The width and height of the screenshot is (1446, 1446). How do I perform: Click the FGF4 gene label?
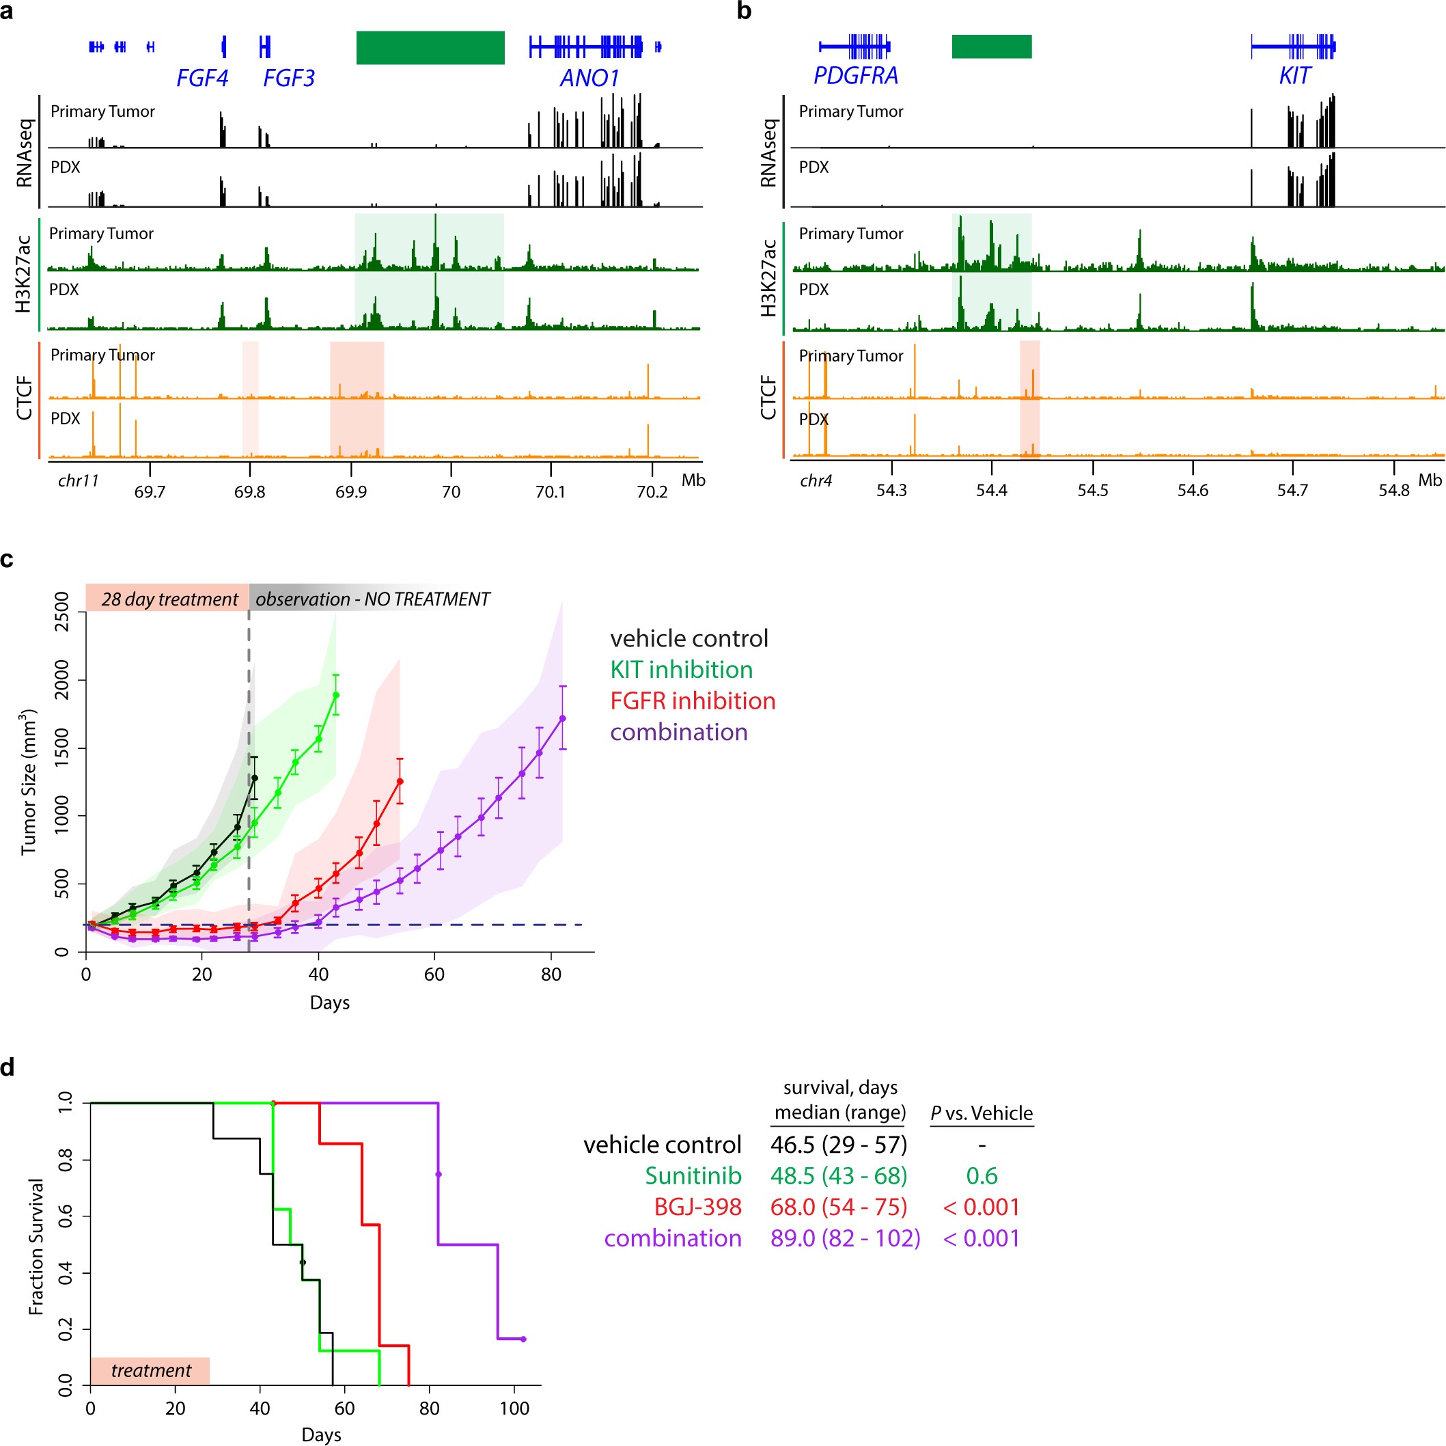point(202,78)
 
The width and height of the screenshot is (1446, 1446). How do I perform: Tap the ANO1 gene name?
point(589,78)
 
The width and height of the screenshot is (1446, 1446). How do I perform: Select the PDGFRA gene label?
point(855,76)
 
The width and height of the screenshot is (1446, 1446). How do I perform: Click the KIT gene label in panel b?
point(1295,76)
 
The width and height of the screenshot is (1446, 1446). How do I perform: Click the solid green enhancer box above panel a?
point(430,47)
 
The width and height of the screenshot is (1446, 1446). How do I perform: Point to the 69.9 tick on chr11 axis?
point(351,491)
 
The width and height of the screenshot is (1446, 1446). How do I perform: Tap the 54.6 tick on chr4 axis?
point(1193,490)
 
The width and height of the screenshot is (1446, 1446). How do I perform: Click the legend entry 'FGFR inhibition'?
point(693,701)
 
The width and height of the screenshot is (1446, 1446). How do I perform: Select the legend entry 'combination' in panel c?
point(679,732)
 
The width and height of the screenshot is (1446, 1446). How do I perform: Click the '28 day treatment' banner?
point(169,599)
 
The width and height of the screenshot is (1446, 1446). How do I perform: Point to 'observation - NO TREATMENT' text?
point(373,599)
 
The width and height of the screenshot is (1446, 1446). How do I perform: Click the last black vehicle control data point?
point(255,778)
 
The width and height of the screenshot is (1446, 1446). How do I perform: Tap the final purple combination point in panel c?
point(563,718)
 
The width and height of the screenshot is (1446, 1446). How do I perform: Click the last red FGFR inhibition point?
point(400,781)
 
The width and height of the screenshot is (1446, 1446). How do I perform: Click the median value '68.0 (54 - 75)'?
point(838,1207)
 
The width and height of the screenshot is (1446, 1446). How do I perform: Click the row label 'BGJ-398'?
point(697,1207)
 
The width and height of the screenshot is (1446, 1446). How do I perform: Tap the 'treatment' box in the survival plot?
point(150,1370)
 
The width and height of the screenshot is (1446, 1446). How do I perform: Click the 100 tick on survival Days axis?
point(514,1408)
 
